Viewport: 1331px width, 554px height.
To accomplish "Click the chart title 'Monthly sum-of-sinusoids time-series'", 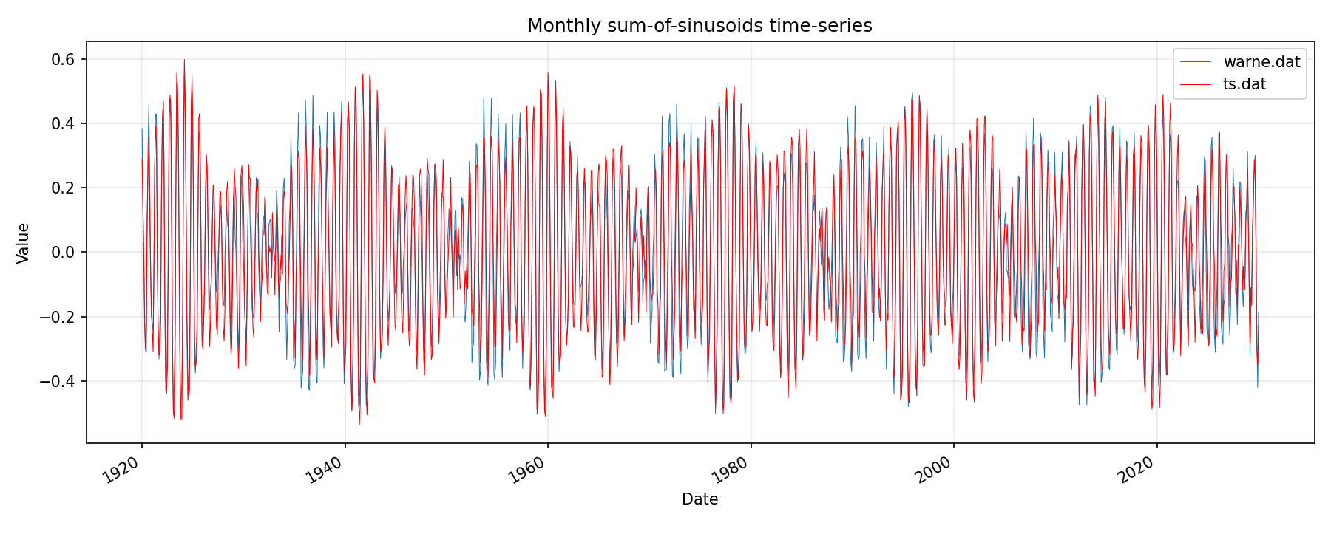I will click(700, 26).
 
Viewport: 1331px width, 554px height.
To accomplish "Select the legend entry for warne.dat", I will click(1261, 62).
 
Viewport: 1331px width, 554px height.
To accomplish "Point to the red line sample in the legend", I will click(1196, 84).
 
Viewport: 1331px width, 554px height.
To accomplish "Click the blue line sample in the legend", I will click(1196, 62).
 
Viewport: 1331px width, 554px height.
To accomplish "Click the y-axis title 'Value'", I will click(24, 243).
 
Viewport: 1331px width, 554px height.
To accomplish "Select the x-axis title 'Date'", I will click(700, 499).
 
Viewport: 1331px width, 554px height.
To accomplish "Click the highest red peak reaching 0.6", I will click(184, 61).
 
